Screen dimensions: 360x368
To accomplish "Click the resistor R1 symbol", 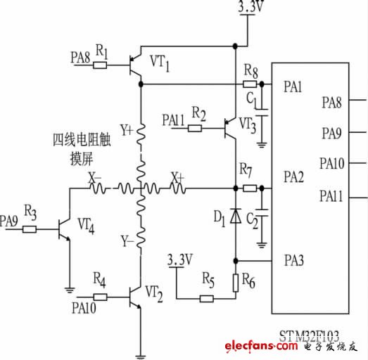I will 101,65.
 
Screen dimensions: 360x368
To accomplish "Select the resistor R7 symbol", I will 248,188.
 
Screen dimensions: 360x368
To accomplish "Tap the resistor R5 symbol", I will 207,299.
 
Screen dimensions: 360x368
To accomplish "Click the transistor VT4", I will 63,229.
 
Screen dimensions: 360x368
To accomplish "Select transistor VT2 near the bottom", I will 134,299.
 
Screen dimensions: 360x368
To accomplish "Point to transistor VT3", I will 229,129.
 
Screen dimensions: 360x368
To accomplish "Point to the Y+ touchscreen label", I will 127,130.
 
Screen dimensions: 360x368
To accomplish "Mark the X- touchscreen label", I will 94,179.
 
